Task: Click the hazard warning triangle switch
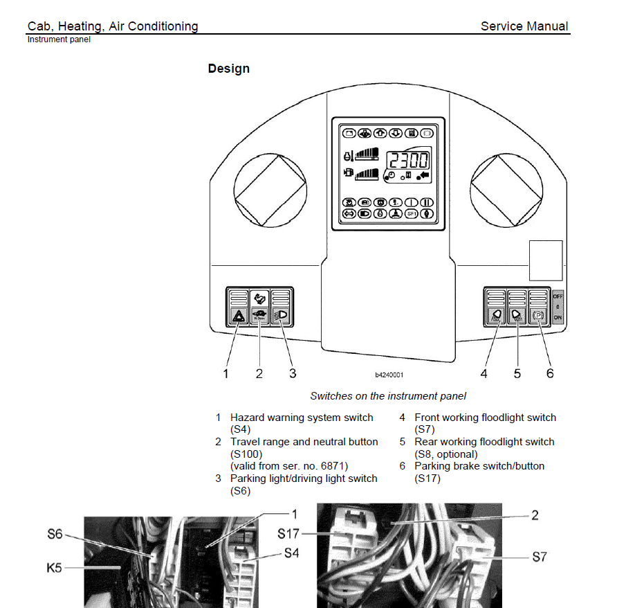coord(238,316)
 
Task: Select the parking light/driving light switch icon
coord(282,316)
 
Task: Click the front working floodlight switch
coord(495,316)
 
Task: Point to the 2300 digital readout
coord(407,161)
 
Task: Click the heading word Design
coord(228,69)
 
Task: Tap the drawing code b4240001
coord(389,375)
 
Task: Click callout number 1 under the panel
coord(225,373)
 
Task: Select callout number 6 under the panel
coord(550,373)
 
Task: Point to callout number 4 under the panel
coord(484,373)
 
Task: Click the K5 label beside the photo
coord(55,568)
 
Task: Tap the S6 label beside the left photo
coord(55,535)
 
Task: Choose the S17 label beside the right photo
coord(289,534)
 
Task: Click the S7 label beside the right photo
coord(540,556)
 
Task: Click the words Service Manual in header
coord(524,26)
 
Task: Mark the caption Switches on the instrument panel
coord(388,396)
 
